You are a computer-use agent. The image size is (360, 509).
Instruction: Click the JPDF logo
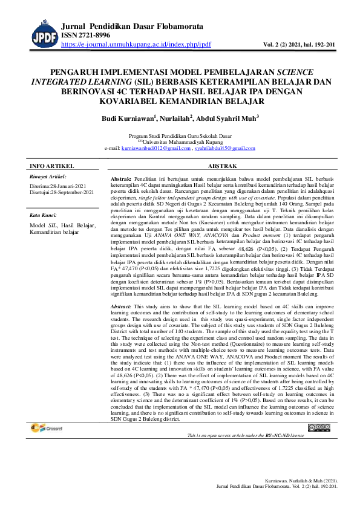pos(43,34)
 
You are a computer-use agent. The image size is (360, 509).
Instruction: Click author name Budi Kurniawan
pos(128,119)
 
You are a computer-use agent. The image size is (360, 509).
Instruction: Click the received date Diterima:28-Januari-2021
pos(61,186)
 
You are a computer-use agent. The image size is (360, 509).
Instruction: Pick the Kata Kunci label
pos(44,215)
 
